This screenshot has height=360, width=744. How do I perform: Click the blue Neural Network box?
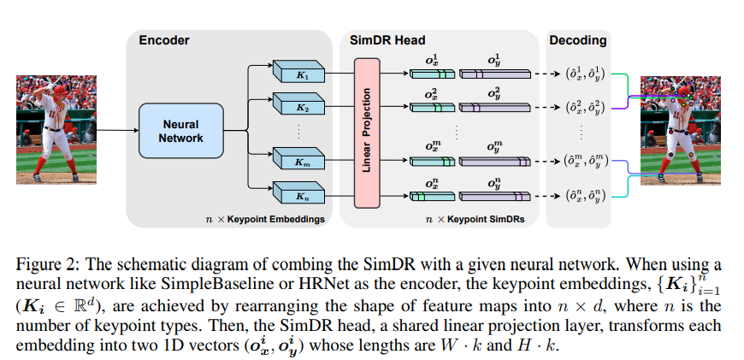(180, 131)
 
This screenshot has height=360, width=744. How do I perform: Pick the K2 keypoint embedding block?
(299, 109)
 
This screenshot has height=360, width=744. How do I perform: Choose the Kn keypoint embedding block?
(299, 195)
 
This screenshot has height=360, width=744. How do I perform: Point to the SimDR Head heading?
(387, 39)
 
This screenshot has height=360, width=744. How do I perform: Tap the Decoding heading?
(578, 39)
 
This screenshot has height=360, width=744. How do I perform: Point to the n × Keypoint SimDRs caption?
(475, 220)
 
